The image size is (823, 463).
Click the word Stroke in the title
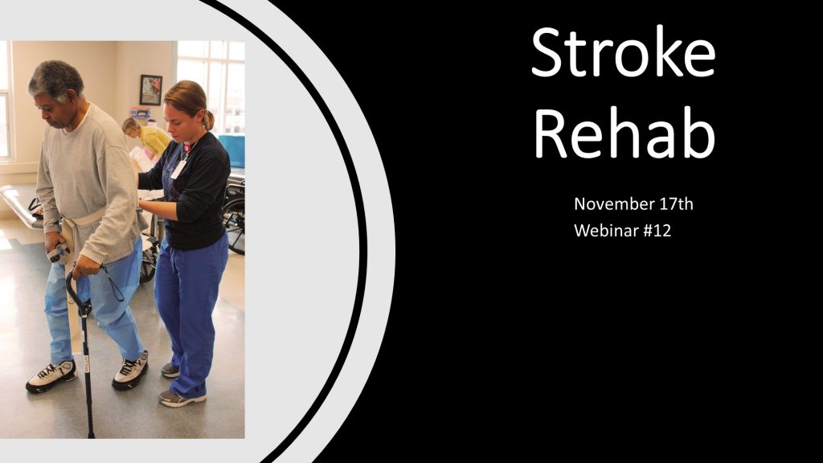[x=623, y=51]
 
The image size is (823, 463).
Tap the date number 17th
[x=676, y=203]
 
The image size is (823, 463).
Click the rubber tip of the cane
[x=92, y=433]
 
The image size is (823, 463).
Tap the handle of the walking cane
[x=76, y=291]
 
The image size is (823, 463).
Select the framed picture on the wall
[x=150, y=90]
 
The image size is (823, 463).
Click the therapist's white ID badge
[x=179, y=169]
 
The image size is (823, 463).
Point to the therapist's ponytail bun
[x=208, y=120]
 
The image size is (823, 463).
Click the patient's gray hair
[x=57, y=79]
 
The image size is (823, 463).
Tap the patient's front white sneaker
[x=51, y=376]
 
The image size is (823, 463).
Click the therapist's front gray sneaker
[x=181, y=399]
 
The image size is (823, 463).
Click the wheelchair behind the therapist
[x=234, y=212]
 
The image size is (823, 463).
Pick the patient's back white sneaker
[x=130, y=371]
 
